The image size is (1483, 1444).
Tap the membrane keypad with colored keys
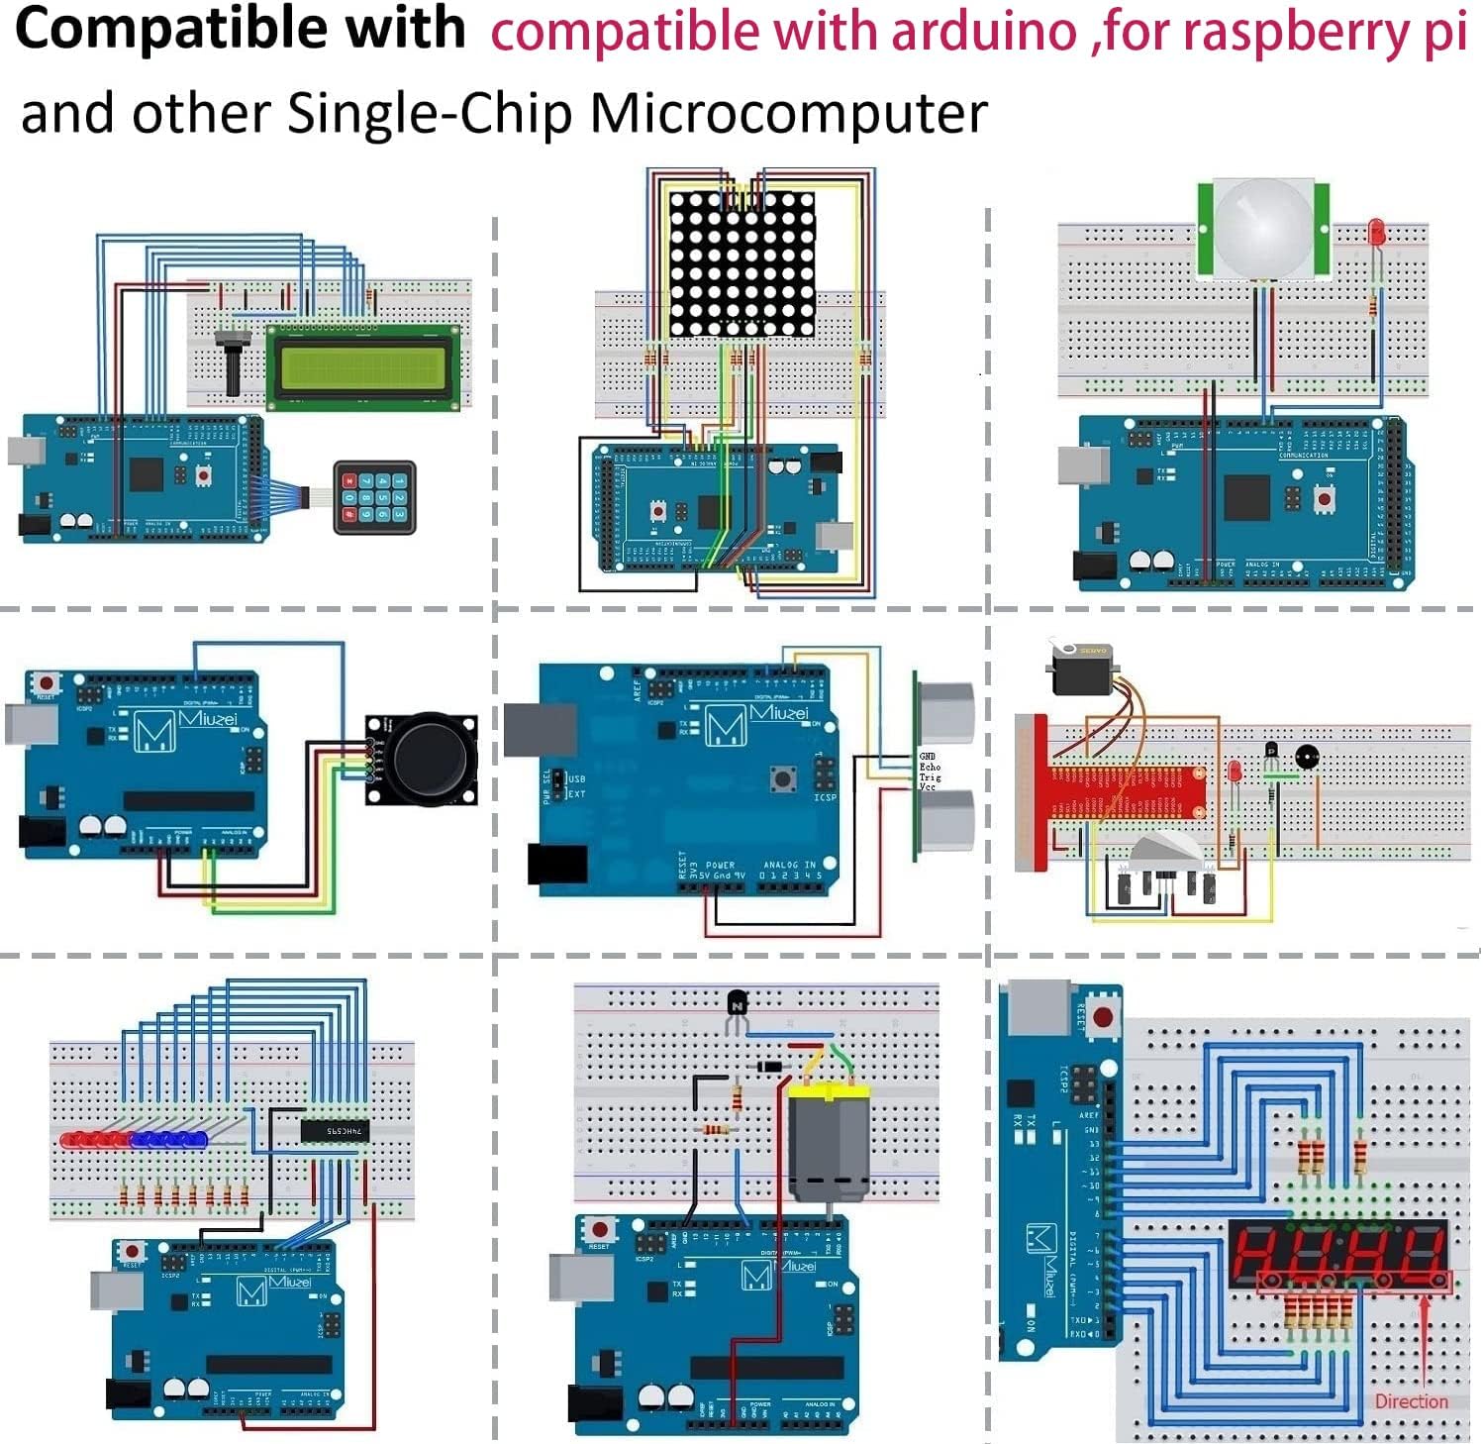tap(374, 497)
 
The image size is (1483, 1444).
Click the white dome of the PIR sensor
tap(1262, 227)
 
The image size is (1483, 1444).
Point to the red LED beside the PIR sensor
tap(1375, 234)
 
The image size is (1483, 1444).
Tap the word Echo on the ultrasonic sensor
tap(930, 767)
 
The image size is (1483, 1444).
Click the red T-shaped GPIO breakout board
tap(1119, 791)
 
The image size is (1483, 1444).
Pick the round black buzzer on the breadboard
tap(1307, 758)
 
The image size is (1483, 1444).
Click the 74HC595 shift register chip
tap(335, 1130)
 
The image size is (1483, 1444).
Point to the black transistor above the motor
tap(737, 1005)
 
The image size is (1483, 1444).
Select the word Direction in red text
tap(1411, 1401)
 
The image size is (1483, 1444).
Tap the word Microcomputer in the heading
tap(788, 113)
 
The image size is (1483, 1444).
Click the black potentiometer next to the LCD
tap(233, 360)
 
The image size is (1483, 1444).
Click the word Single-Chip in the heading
tap(430, 113)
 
